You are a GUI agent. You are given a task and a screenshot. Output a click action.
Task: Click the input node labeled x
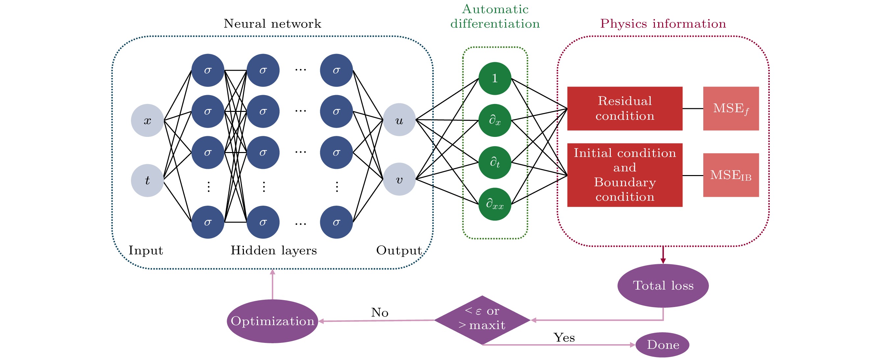[147, 120]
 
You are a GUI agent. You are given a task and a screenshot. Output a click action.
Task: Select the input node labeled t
[147, 180]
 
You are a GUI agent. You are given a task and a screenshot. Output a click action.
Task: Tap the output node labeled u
[399, 120]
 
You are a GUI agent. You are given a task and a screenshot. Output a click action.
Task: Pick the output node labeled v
[399, 179]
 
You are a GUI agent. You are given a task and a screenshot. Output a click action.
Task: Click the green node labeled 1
[495, 78]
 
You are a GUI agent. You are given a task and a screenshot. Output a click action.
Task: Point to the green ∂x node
[495, 120]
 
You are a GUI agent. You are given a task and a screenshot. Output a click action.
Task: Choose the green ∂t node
[495, 162]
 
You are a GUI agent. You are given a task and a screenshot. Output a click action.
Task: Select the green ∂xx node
[495, 204]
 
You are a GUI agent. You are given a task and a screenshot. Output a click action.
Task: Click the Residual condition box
[625, 108]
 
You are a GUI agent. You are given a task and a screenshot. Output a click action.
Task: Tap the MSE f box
[731, 108]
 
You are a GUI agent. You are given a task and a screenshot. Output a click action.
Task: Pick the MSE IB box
[731, 175]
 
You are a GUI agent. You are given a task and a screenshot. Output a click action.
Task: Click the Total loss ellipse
[663, 286]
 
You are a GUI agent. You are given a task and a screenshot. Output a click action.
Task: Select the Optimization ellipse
[272, 321]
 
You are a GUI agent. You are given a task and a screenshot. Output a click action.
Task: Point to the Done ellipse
[662, 345]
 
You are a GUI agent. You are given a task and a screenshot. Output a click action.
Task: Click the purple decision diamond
[482, 320]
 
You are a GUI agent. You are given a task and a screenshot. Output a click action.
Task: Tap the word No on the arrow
[380, 313]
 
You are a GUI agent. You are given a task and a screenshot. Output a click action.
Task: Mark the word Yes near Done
[564, 337]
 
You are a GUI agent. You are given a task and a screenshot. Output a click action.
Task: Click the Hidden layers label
[273, 250]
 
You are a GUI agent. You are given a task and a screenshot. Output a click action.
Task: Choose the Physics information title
[663, 24]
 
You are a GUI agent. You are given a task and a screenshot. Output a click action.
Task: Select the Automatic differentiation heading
[495, 16]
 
